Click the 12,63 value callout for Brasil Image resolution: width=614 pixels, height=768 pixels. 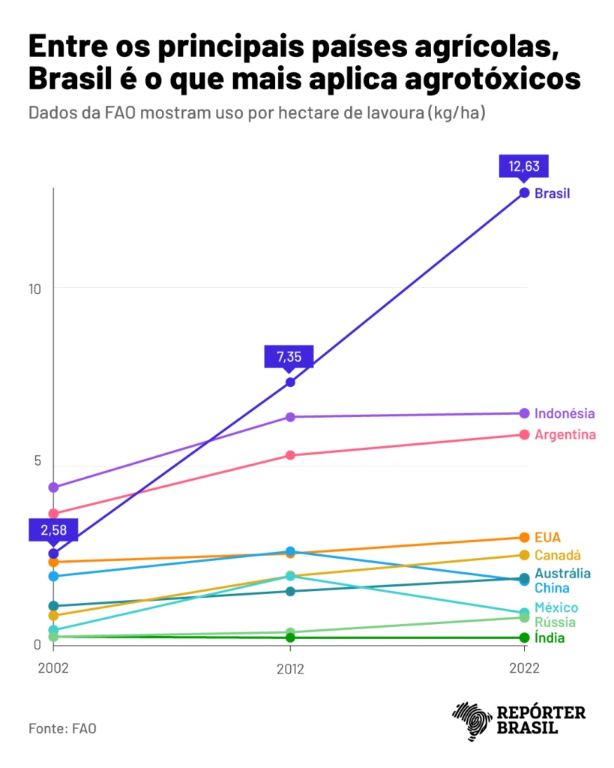pyautogui.click(x=524, y=166)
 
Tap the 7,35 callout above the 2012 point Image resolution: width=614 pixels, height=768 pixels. pyautogui.click(x=289, y=356)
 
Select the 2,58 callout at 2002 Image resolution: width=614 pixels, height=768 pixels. pyautogui.click(x=53, y=529)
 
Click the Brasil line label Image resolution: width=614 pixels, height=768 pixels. pyautogui.click(x=552, y=193)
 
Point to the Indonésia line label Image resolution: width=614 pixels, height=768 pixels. pyautogui.click(x=565, y=413)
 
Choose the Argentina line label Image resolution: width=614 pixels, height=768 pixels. pyautogui.click(x=565, y=435)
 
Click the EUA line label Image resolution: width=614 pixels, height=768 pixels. pyautogui.click(x=547, y=537)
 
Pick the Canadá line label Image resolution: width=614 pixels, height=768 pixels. pyautogui.click(x=558, y=555)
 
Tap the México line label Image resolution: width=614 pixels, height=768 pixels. pyautogui.click(x=556, y=607)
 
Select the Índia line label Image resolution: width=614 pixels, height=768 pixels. pyautogui.click(x=550, y=638)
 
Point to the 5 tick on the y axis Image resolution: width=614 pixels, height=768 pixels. pyautogui.click(x=36, y=460)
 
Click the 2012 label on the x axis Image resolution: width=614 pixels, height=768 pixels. pyautogui.click(x=290, y=669)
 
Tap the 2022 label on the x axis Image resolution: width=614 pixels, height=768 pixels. pyautogui.click(x=524, y=669)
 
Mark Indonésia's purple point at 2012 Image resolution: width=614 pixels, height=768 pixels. pyautogui.click(x=290, y=417)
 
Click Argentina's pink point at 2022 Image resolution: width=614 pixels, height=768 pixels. pyautogui.click(x=525, y=435)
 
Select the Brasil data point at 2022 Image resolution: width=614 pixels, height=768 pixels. pyautogui.click(x=525, y=193)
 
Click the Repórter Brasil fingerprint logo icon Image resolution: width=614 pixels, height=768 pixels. pyautogui.click(x=471, y=721)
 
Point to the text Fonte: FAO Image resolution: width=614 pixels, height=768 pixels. pyautogui.click(x=62, y=728)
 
